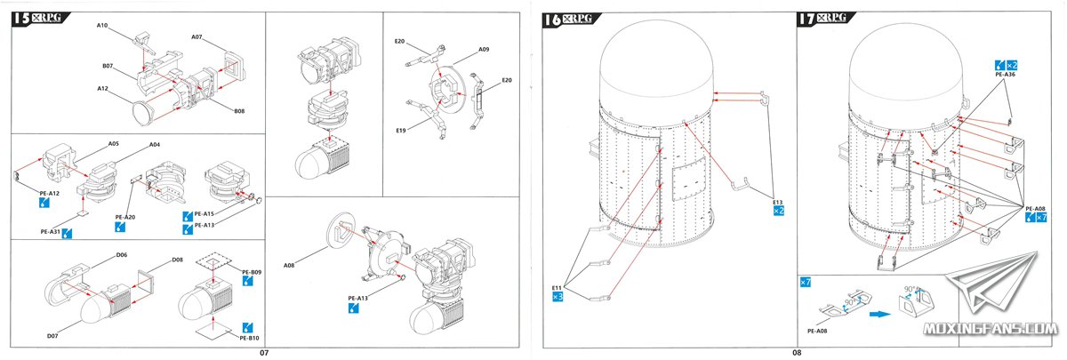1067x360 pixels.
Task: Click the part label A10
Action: click(x=102, y=27)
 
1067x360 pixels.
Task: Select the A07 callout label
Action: click(x=197, y=37)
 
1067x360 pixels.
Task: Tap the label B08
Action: click(x=239, y=111)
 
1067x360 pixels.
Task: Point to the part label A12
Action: click(x=102, y=89)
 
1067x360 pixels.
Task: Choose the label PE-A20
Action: click(x=124, y=217)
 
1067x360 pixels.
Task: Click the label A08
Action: click(x=289, y=266)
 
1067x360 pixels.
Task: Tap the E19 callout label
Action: click(x=399, y=131)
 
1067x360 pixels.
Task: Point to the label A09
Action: click(x=484, y=51)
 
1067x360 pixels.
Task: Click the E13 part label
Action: click(x=778, y=202)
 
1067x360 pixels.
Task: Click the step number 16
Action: click(x=550, y=20)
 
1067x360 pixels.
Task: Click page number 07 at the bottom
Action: click(x=264, y=353)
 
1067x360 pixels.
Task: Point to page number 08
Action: click(x=797, y=353)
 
